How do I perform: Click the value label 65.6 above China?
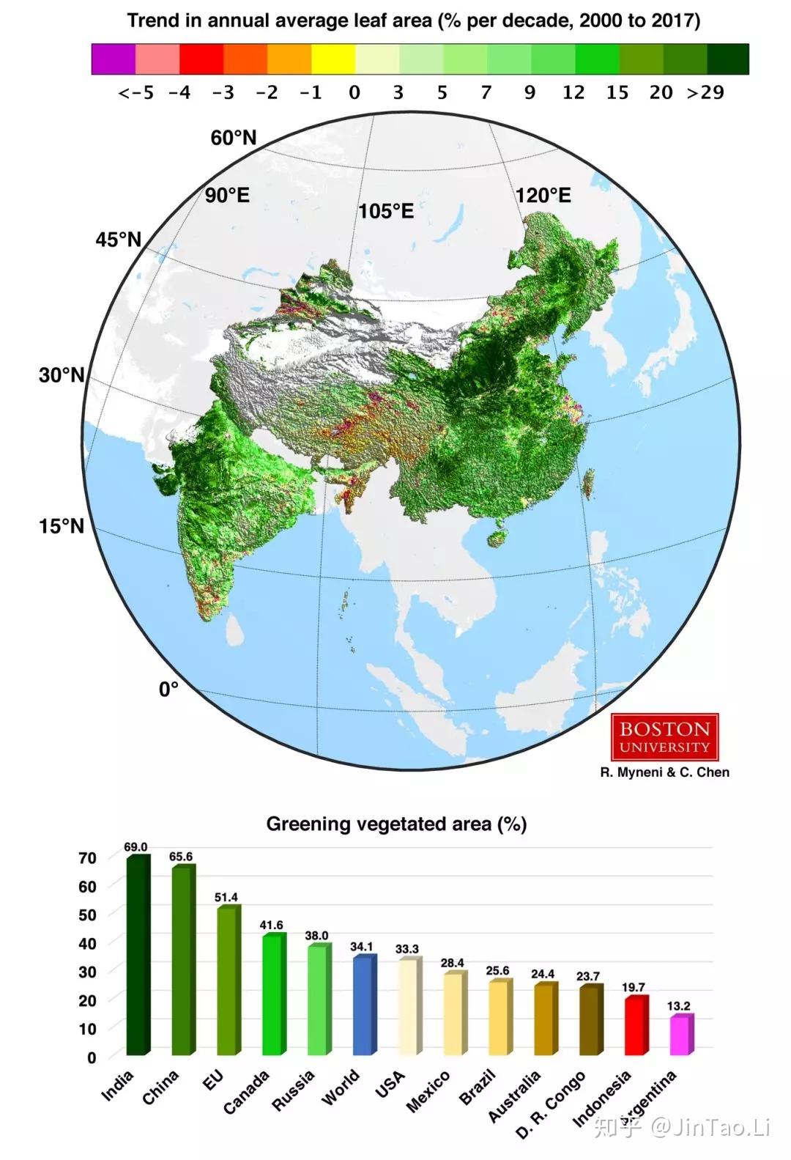pyautogui.click(x=181, y=857)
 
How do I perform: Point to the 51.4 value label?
pyautogui.click(x=226, y=897)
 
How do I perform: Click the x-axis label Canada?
pyautogui.click(x=247, y=1092)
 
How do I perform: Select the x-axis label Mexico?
pyautogui.click(x=428, y=1092)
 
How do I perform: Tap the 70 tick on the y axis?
pyautogui.click(x=87, y=858)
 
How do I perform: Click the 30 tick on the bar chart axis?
pyautogui.click(x=87, y=972)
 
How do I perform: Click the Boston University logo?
pyautogui.click(x=664, y=737)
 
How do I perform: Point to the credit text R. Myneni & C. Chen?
pyautogui.click(x=664, y=772)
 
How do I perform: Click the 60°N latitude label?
pyautogui.click(x=234, y=137)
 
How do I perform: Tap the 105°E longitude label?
pyautogui.click(x=386, y=211)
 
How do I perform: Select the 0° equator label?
pyautogui.click(x=168, y=690)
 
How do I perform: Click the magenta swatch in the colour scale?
pyautogui.click(x=114, y=59)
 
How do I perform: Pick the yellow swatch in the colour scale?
pyautogui.click(x=333, y=59)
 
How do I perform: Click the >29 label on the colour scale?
pyautogui.click(x=705, y=92)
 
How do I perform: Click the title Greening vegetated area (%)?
pyautogui.click(x=396, y=824)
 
